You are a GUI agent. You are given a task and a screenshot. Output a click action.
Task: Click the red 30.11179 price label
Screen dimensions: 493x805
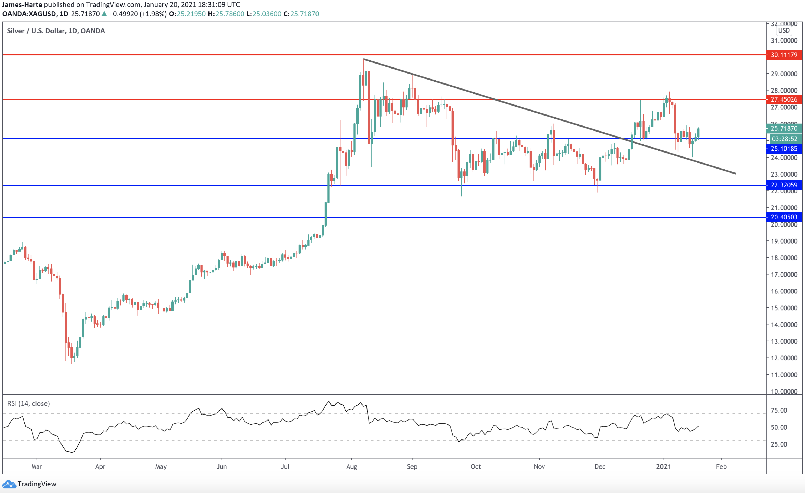click(x=784, y=55)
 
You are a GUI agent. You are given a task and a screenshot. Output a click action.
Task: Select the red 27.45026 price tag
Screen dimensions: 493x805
click(x=784, y=99)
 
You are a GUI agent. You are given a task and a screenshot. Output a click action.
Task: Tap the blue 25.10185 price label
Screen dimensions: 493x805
click(x=784, y=149)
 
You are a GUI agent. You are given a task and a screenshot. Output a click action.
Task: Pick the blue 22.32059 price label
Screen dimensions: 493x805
click(x=784, y=185)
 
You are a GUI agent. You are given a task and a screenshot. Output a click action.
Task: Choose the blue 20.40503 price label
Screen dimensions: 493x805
click(x=784, y=217)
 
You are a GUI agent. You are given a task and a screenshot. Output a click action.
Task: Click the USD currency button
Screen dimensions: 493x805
click(x=784, y=30)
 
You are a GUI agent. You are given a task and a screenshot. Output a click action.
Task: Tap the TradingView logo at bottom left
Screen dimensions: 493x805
click(x=29, y=484)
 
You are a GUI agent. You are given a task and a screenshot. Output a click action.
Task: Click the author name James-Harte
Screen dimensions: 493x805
click(x=22, y=4)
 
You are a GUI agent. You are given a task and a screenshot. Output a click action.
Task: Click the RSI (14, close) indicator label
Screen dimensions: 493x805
click(x=28, y=403)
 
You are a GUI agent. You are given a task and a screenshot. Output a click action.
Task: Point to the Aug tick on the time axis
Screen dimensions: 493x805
click(x=351, y=466)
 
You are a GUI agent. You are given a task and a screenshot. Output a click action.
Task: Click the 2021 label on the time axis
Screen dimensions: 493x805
click(x=663, y=466)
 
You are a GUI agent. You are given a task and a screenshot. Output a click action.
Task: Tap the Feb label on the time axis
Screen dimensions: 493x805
click(x=721, y=466)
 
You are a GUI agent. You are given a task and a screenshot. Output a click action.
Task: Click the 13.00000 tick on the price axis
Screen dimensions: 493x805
click(x=784, y=341)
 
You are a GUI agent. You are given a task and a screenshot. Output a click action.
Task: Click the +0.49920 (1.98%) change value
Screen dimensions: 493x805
click(x=137, y=14)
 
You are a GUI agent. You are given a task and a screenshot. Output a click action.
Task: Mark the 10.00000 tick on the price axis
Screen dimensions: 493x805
click(x=784, y=391)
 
